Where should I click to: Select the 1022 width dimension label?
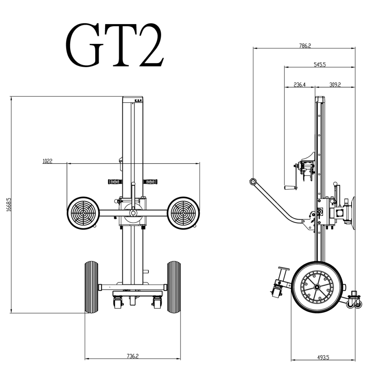47,161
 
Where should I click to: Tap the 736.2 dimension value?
133,356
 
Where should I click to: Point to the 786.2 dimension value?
305,46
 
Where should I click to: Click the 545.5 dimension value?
319,65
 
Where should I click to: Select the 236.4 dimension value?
299,85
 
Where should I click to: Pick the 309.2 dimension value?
335,85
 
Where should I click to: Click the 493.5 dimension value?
323,357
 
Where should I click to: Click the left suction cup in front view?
83,213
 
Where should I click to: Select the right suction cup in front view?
184,213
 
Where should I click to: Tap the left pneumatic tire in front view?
91,287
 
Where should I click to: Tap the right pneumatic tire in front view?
174,287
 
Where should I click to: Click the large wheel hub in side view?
316,287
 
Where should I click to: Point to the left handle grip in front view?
115,182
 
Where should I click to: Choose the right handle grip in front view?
151,182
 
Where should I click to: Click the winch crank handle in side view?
290,188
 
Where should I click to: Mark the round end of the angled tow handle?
253,182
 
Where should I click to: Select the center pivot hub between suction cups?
133,213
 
